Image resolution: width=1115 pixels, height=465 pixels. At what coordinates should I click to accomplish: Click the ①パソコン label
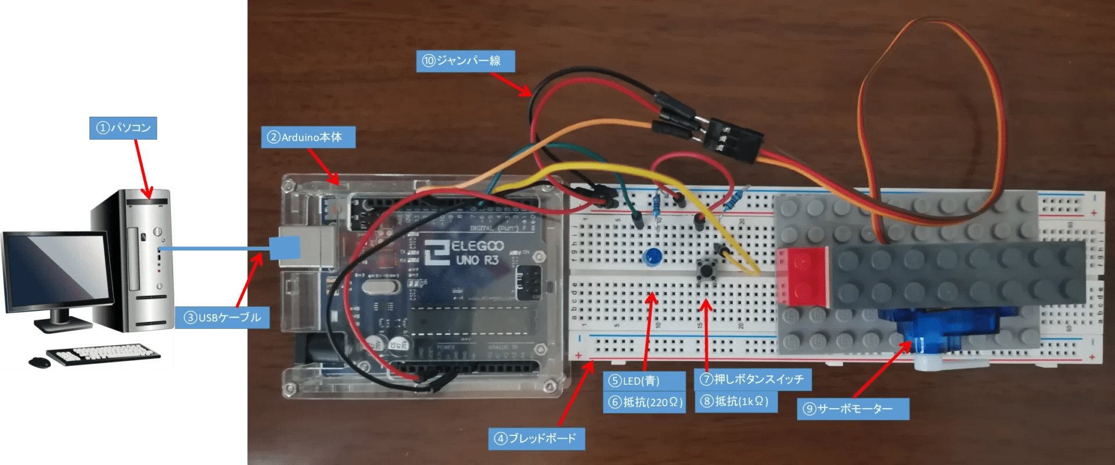pos(123,127)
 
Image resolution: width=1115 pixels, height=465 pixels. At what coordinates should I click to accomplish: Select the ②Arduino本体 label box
pos(308,137)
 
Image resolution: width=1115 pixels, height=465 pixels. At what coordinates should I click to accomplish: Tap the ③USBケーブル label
pos(222,317)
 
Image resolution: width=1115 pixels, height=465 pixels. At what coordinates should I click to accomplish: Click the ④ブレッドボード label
pos(536,438)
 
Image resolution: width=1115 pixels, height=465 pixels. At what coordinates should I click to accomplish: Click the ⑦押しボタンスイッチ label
pos(752,380)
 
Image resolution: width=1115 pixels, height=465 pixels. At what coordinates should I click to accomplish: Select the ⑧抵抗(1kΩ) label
pos(735,401)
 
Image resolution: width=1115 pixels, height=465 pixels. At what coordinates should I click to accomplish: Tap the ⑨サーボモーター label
pos(852,409)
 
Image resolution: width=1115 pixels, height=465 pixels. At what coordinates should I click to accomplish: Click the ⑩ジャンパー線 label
pos(465,60)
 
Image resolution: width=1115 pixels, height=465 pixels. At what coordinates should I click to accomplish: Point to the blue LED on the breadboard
pos(653,256)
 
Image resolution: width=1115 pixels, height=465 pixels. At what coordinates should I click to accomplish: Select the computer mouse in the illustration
pos(39,362)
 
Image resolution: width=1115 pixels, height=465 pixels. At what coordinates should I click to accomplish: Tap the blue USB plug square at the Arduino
pos(285,248)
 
